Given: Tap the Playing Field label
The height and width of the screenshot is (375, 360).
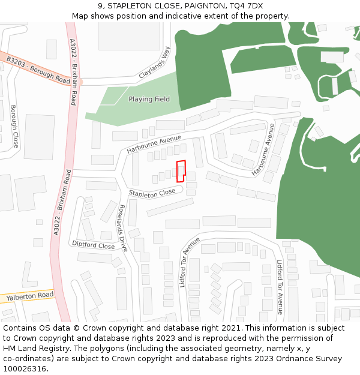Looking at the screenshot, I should pos(149,99).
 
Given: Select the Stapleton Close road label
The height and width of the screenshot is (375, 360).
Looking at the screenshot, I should pos(152,192).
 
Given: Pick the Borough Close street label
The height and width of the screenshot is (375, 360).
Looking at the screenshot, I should pos(14,126).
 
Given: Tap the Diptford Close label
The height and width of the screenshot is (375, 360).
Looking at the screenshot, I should pos(93,245).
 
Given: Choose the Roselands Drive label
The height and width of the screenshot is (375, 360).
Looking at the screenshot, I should pos(123,228).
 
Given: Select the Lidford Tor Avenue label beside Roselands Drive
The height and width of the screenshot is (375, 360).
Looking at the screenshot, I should pos(190,262).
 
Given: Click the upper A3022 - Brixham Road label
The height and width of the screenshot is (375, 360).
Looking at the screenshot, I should pos(73,72).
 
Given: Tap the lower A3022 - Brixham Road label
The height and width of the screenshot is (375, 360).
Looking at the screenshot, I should pos(61,202).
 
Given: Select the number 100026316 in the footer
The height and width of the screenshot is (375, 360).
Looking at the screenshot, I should pos(24,368).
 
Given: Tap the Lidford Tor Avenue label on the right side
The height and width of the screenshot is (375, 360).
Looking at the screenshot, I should pos(280,287).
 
